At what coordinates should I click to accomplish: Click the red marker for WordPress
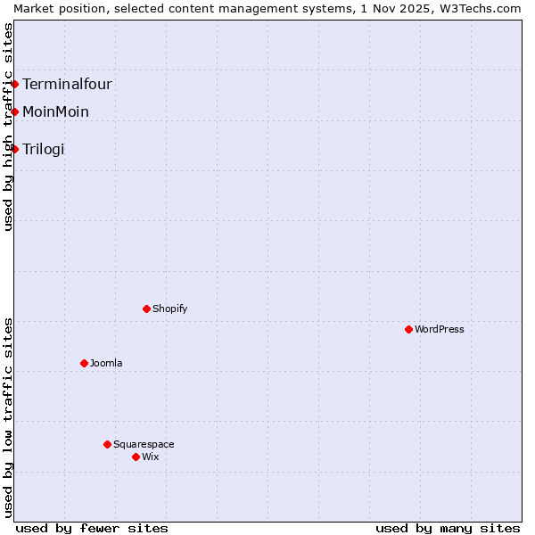pos(408,329)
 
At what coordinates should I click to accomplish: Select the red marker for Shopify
pos(146,309)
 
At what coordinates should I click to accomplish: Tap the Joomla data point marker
pos(84,363)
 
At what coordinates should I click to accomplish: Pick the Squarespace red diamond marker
pos(107,444)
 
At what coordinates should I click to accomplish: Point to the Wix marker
pos(136,457)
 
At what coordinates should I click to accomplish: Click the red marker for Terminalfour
pos(15,84)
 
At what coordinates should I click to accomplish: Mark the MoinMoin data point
pos(15,111)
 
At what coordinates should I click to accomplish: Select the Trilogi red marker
pos(15,149)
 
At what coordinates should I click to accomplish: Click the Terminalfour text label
pos(67,85)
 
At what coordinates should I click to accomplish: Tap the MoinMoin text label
pos(55,112)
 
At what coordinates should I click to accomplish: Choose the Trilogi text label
pos(44,150)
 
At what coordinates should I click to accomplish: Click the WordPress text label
pos(440,329)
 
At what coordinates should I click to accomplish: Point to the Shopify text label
pos(169,309)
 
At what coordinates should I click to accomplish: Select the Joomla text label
pos(106,363)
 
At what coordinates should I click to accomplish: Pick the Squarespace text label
pos(144,444)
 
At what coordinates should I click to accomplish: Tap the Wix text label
pos(151,457)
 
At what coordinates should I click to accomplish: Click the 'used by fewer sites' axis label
pos(92,528)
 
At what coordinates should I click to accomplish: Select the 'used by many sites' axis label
pos(448,528)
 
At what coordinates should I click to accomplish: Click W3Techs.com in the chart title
pos(486,8)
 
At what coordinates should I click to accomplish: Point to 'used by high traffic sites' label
pos(8,127)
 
